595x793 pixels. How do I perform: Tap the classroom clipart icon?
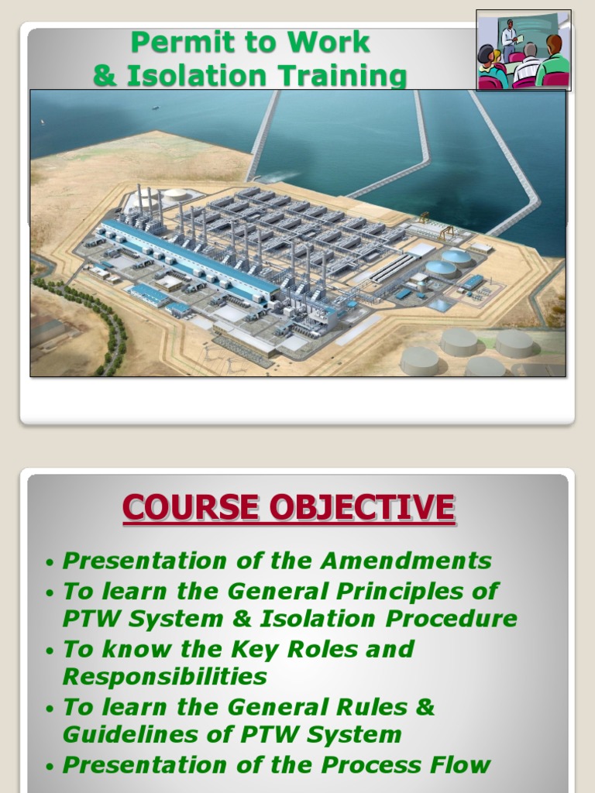(x=523, y=50)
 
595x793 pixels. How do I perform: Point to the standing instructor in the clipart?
(x=509, y=36)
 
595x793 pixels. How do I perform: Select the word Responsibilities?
(x=164, y=676)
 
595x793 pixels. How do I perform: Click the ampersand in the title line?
(x=102, y=77)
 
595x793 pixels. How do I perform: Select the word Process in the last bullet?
(x=373, y=765)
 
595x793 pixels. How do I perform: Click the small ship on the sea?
(x=156, y=107)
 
